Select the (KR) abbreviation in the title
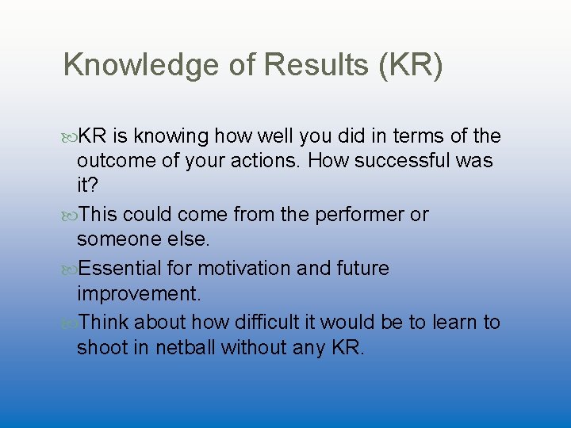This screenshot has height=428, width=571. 411,65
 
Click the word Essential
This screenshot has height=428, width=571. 123,269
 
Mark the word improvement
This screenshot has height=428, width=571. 139,293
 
